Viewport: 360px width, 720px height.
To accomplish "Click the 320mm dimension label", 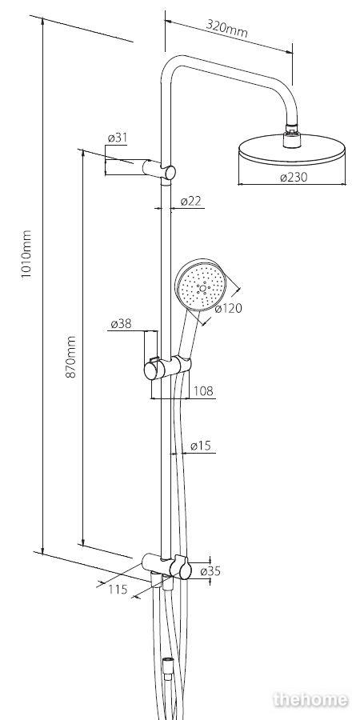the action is (x=227, y=29).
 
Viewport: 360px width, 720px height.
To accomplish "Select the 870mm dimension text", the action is (x=70, y=357).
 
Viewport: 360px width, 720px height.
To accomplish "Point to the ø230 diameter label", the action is (x=294, y=178).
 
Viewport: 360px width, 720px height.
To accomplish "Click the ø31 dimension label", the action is (x=118, y=138).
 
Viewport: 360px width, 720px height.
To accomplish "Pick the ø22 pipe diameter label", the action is (x=191, y=201).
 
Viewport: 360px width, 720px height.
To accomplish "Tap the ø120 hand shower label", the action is (x=228, y=309).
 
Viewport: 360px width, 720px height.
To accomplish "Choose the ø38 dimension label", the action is (x=121, y=324).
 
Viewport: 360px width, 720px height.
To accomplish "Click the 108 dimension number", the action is (x=203, y=390).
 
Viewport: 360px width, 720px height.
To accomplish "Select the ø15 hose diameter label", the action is (x=200, y=446).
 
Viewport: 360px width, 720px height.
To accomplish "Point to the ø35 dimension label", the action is (x=210, y=571).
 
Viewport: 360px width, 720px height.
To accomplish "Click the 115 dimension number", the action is (x=118, y=589).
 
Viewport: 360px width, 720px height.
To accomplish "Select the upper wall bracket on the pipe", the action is (x=159, y=169).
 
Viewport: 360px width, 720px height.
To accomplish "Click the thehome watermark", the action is (x=311, y=699).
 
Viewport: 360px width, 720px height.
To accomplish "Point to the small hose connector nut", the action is (x=167, y=666).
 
